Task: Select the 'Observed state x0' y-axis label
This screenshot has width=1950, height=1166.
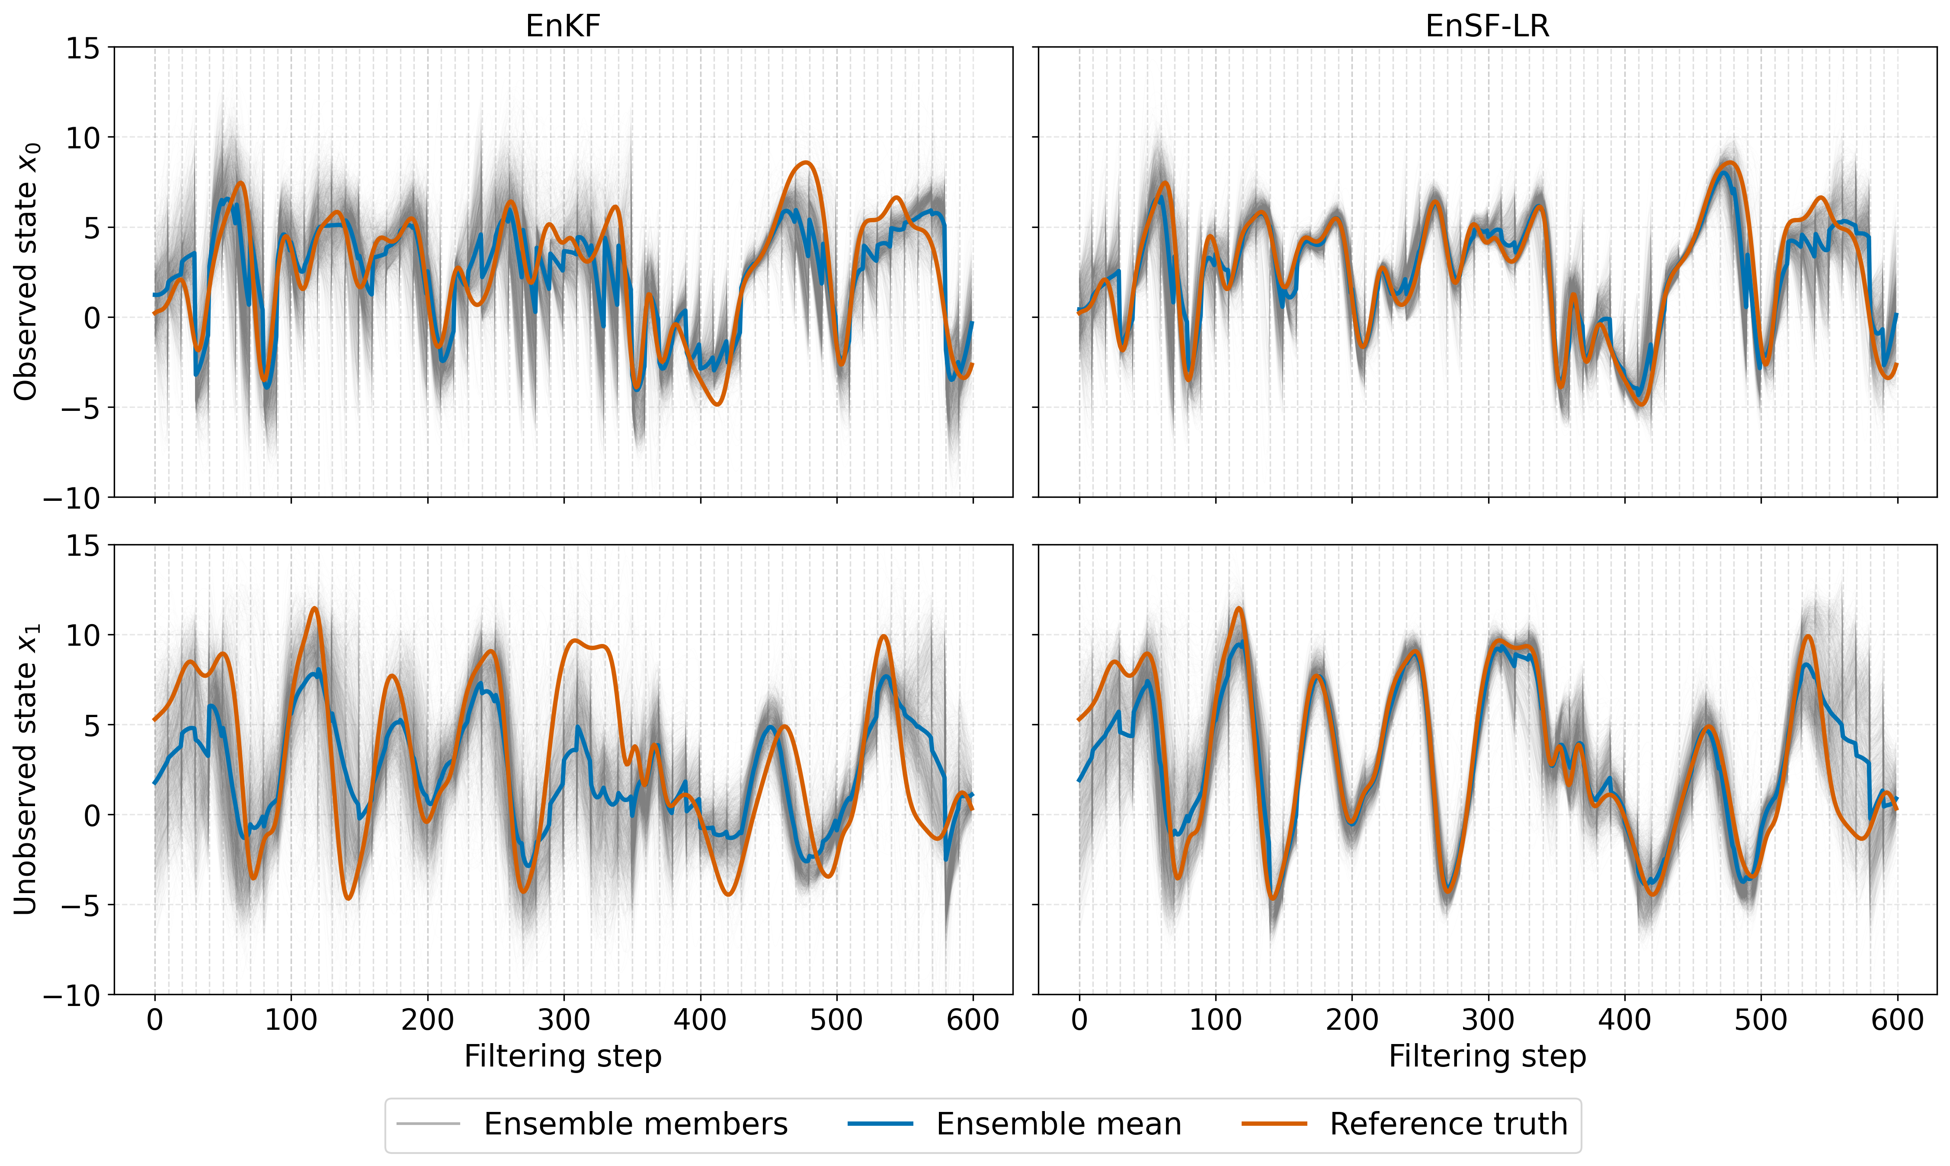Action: coord(26,272)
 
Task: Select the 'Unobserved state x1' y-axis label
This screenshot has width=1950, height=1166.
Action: coord(26,769)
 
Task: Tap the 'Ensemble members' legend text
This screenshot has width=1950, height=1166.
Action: coord(636,1124)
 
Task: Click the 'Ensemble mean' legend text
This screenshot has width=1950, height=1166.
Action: coord(1059,1124)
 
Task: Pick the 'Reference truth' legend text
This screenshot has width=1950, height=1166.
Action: coord(1449,1124)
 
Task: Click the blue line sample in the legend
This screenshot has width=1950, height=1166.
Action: coord(881,1124)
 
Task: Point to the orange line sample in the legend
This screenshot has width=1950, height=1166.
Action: coord(1274,1124)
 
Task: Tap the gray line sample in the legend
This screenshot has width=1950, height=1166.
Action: coord(428,1124)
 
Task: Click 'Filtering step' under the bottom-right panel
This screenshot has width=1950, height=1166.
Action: coord(1487,1057)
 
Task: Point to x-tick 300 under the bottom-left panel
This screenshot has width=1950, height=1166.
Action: coord(564,1020)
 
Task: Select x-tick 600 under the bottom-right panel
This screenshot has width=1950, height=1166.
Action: coord(1897,1020)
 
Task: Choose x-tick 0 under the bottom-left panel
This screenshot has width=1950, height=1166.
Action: coord(155,1020)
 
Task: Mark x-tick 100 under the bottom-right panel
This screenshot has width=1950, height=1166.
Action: coord(1215,1020)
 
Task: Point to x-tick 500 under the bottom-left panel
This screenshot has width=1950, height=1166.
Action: coord(837,1020)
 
